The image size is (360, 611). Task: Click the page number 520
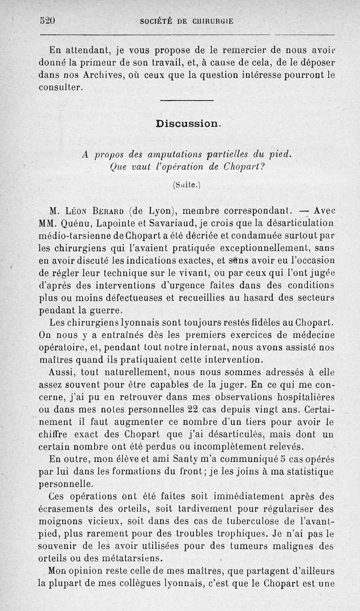pyautogui.click(x=47, y=20)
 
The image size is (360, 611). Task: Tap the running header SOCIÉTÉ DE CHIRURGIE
pyautogui.click(x=187, y=21)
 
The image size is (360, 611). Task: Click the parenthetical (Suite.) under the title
pyautogui.click(x=186, y=184)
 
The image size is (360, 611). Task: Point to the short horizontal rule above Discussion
pyautogui.click(x=192, y=100)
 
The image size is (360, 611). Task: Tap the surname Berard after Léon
pyautogui.click(x=107, y=210)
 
